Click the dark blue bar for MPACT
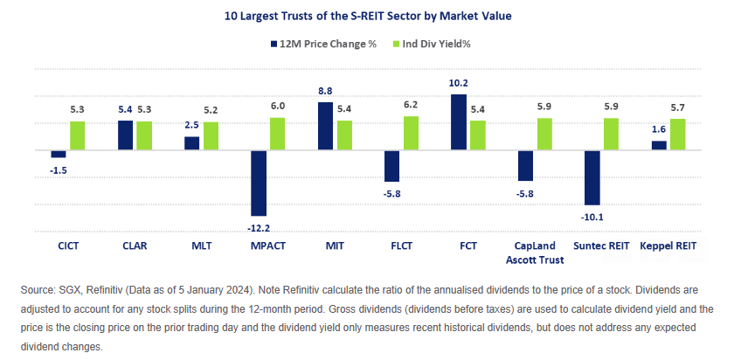click(259, 183)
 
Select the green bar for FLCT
click(410, 133)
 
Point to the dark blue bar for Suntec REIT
click(592, 177)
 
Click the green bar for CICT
click(78, 135)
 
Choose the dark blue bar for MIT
click(325, 126)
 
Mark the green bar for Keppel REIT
click(677, 135)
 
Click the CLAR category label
click(135, 246)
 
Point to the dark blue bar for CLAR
click(126, 135)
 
